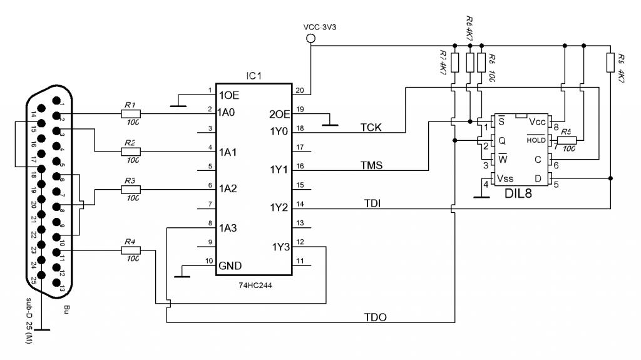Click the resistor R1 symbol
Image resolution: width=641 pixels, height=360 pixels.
131,114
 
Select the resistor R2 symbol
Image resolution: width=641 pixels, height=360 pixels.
131,152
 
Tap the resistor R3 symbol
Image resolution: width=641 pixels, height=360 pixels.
131,188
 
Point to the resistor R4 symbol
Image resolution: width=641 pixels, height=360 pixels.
131,250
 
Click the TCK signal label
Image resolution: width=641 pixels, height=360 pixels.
372,127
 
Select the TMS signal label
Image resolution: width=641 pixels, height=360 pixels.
372,165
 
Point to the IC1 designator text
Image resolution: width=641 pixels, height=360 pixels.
254,76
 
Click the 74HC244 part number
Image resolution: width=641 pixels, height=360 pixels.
254,285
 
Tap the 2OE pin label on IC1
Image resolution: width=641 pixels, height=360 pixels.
279,114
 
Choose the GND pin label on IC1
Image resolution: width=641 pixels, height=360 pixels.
230,265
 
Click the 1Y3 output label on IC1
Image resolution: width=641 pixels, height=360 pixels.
281,246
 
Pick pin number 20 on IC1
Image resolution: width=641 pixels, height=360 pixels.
299,89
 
